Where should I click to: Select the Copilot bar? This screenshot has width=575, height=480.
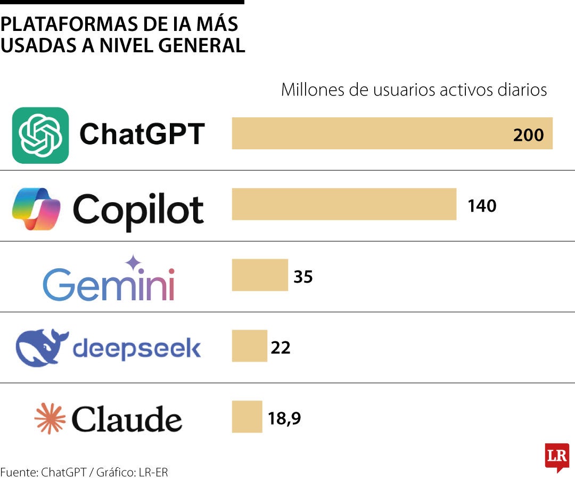tap(344, 204)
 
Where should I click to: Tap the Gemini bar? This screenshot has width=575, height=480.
tap(260, 275)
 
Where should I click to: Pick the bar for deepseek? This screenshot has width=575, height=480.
tap(249, 346)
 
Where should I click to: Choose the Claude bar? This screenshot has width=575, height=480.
tap(247, 417)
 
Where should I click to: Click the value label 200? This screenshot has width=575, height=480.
tap(528, 135)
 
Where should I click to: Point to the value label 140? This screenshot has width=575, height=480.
tap(482, 205)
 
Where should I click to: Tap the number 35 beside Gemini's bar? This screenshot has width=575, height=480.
tap(303, 277)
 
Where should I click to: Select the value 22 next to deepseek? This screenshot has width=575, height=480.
tap(281, 348)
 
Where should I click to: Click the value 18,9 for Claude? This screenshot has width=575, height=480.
tap(284, 419)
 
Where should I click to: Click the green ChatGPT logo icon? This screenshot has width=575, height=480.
tap(40, 135)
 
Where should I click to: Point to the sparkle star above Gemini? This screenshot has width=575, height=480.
tap(133, 262)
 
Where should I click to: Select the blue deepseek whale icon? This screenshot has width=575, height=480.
tap(42, 348)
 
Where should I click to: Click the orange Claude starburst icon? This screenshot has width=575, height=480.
tap(50, 419)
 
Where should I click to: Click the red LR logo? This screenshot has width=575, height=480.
tap(557, 457)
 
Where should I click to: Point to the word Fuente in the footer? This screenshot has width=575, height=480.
tap(19, 472)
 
